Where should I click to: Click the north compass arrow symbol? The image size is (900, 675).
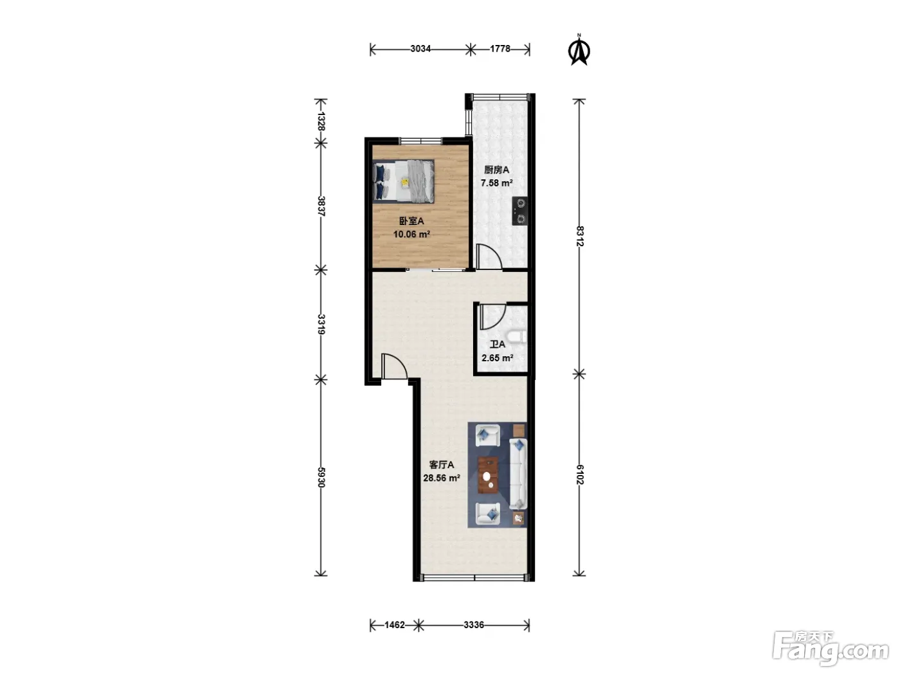click(x=579, y=50)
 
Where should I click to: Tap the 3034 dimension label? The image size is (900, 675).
click(x=420, y=49)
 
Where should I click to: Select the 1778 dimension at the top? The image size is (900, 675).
click(x=500, y=49)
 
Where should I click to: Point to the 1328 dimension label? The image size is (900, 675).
click(x=321, y=122)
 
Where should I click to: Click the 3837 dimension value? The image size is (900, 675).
click(x=321, y=206)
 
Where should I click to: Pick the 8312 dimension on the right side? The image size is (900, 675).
click(x=579, y=236)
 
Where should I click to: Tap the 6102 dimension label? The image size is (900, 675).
click(x=579, y=474)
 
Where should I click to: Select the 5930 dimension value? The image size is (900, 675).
click(x=321, y=478)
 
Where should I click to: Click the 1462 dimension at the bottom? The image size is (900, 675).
click(x=395, y=625)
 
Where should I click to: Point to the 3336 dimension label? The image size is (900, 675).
click(x=474, y=625)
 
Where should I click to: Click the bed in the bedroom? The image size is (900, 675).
click(x=404, y=181)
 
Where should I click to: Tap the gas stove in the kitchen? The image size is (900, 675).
click(x=520, y=211)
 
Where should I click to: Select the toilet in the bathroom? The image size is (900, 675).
click(x=517, y=337)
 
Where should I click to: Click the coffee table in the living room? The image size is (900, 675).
click(x=489, y=476)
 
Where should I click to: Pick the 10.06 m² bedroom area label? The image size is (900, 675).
click(x=411, y=235)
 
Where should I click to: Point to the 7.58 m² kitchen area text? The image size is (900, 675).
click(x=496, y=183)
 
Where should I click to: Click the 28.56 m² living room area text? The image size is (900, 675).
click(x=442, y=478)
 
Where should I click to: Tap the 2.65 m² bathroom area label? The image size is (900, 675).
click(x=498, y=358)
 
